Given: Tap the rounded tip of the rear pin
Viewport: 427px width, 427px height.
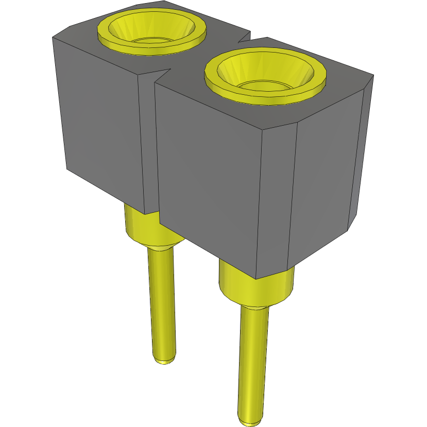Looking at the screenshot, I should click(164, 358).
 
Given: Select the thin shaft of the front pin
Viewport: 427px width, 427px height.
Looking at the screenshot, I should click(253, 361).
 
